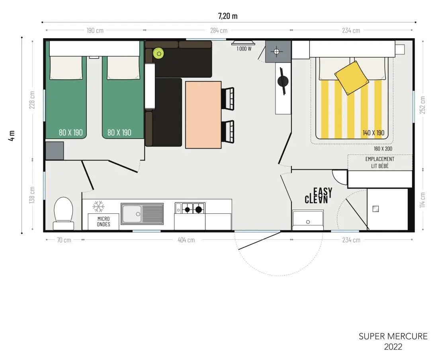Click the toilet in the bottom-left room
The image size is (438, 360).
(x=63, y=214)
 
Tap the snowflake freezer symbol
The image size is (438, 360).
(x=98, y=207)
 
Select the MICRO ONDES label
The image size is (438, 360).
(x=104, y=221)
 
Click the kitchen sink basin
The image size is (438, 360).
(x=132, y=214)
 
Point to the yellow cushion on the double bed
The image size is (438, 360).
(x=352, y=78)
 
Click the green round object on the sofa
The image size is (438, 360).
(x=158, y=53)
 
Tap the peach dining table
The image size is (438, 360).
(x=203, y=115)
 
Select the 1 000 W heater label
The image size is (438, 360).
(x=244, y=49)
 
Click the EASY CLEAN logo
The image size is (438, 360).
(x=319, y=195)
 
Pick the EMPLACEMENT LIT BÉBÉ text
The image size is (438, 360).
(x=380, y=162)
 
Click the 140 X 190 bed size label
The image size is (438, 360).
(x=373, y=133)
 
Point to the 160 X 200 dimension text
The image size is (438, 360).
(x=383, y=149)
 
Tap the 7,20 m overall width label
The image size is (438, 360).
(x=228, y=16)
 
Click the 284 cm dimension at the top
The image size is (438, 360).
(x=219, y=30)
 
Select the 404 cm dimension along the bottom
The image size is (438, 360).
(x=186, y=240)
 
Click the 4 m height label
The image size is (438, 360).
(x=12, y=135)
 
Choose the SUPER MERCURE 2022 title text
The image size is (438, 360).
(x=393, y=341)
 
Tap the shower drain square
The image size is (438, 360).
(x=376, y=209)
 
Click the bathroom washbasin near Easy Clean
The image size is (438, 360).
(x=308, y=220)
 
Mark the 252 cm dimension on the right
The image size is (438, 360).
(x=422, y=105)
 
